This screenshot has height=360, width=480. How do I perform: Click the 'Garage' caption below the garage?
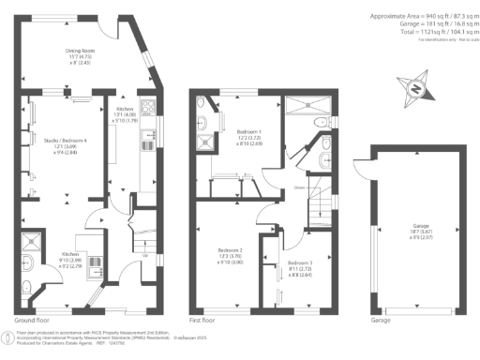[x=380, y=319]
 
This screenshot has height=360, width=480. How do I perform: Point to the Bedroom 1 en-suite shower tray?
[x=203, y=144]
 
